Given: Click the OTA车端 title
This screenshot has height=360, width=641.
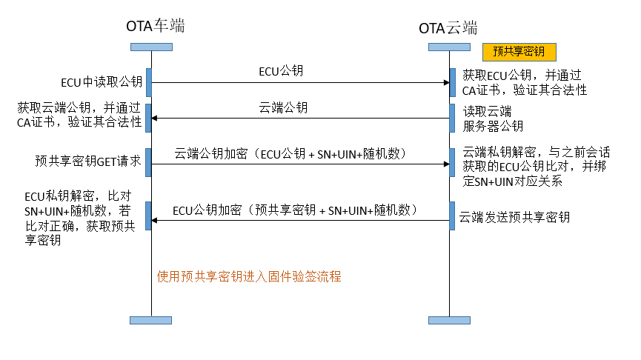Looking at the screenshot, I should pos(155,26).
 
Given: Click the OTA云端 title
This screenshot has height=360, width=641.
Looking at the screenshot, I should pos(448,28).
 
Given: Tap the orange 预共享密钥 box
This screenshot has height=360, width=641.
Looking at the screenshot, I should pos(519,51).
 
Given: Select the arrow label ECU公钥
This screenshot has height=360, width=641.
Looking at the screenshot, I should pos(281,72).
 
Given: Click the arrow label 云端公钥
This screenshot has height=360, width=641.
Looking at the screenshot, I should pos(283,107).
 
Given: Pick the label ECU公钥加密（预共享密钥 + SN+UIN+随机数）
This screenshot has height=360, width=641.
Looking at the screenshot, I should pos(296,210).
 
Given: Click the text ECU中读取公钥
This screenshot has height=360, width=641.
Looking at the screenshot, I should pos(102,81).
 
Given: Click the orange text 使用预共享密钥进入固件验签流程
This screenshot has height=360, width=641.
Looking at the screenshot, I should pos(249,276).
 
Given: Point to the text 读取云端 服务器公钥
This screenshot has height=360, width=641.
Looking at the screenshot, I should pos(493,119).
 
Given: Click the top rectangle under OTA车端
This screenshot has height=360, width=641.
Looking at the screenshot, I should pos(151,47).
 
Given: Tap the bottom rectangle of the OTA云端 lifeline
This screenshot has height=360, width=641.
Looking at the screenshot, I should pos(449,320).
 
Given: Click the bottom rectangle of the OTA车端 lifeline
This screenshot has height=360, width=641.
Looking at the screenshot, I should pos(151,320).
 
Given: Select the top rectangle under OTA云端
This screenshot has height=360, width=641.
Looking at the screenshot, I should pos(449,47).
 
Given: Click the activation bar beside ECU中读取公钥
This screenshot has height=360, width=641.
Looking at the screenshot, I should pos(149,82).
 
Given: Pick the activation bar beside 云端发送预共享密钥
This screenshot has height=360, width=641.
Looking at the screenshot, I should pos(451,213).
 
